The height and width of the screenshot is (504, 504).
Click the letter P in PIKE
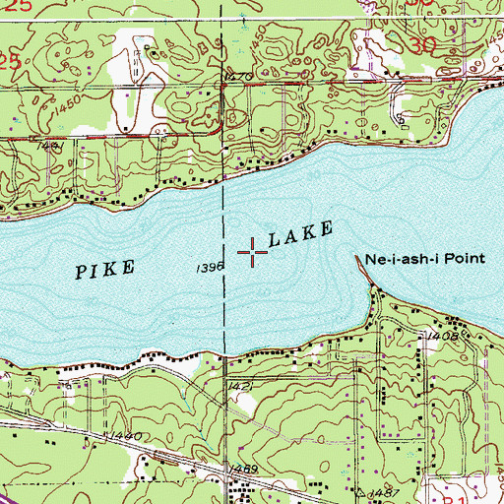[x=82, y=272]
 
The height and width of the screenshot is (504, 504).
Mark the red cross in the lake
[x=253, y=253]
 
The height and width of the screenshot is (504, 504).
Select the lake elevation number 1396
[x=211, y=267]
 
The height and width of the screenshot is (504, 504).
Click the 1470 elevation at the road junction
[x=239, y=75]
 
